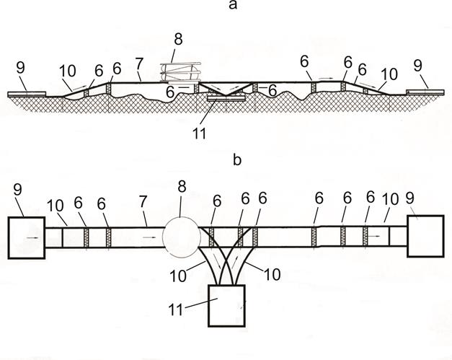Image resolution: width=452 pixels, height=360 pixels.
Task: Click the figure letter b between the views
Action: click(238, 160)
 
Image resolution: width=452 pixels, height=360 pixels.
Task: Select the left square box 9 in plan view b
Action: click(26, 236)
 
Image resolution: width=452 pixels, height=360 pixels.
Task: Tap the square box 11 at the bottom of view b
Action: click(226, 304)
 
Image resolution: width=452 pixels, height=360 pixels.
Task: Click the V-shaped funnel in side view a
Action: click(225, 91)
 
